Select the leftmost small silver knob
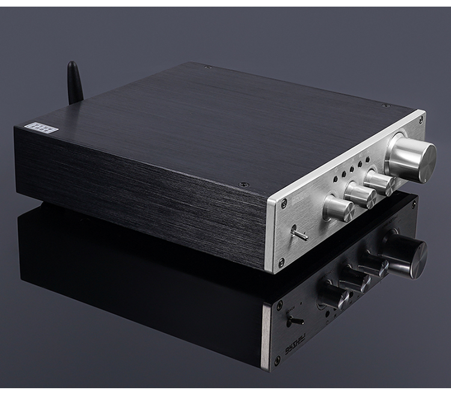[x=339, y=208]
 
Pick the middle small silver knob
[x=360, y=193]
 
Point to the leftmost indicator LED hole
[x=336, y=179]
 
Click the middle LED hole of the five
[x=351, y=169]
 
